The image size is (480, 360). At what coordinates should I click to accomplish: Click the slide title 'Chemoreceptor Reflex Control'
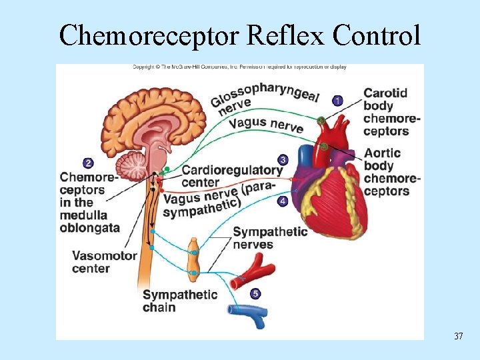(x=240, y=35)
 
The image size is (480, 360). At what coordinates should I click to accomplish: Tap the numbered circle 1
(x=338, y=101)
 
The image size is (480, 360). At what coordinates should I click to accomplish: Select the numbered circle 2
(x=88, y=163)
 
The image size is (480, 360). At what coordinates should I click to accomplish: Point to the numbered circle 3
(x=283, y=160)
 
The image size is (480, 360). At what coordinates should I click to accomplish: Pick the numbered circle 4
(x=283, y=201)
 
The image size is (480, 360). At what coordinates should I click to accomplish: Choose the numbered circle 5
(x=255, y=293)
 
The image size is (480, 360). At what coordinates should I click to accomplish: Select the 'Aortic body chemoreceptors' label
(x=391, y=172)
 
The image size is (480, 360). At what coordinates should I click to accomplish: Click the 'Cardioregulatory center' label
(x=231, y=176)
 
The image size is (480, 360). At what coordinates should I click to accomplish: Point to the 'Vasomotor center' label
(x=104, y=262)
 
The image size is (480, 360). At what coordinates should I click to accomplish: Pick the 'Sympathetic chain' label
(x=179, y=301)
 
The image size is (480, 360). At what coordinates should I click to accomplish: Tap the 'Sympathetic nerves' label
(x=269, y=238)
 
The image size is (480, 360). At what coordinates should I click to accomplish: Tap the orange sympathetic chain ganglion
(x=193, y=257)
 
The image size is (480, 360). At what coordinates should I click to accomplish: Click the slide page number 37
(x=458, y=336)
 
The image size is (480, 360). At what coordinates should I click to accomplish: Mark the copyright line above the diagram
(x=239, y=67)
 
